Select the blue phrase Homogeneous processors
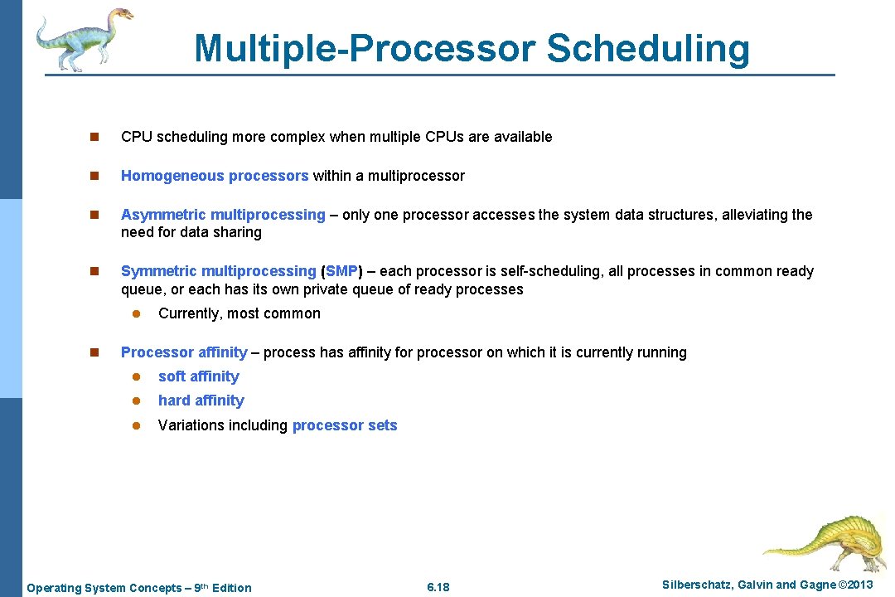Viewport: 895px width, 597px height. (215, 176)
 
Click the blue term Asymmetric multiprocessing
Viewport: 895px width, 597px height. (223, 215)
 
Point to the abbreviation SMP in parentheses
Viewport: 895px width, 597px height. (342, 271)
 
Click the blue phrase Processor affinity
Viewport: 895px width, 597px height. (184, 352)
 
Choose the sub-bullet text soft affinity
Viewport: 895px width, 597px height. (198, 376)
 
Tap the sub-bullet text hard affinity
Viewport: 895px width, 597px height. (201, 400)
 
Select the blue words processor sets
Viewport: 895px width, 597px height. (345, 425)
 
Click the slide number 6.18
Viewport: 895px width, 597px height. (438, 587)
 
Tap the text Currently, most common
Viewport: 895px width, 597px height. (239, 313)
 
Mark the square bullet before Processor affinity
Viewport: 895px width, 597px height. (94, 352)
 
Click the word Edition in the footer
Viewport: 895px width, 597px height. (231, 588)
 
